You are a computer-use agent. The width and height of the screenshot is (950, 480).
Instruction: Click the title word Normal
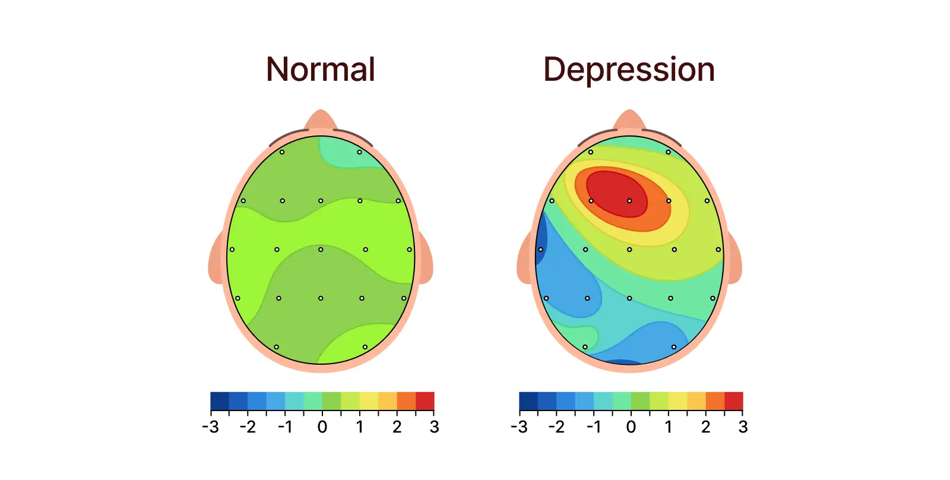(x=321, y=70)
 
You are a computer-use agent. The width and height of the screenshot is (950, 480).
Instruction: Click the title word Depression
(x=629, y=70)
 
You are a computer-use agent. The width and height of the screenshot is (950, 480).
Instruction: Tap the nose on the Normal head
(x=321, y=119)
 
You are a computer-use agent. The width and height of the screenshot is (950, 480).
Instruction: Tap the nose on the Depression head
(x=629, y=119)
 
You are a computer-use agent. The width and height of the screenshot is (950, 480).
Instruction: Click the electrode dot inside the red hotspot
(x=629, y=201)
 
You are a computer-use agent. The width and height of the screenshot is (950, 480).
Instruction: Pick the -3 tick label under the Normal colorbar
(x=210, y=427)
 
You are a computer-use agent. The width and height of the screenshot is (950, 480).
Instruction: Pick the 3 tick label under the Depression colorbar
(x=743, y=427)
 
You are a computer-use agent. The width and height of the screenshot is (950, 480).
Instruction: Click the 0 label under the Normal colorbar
(x=322, y=427)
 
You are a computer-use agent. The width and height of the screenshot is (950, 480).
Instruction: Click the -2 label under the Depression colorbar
(x=556, y=427)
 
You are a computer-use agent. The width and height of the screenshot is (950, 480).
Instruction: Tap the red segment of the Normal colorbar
(x=425, y=401)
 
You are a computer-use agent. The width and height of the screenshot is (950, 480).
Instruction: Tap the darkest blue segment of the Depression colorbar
(x=528, y=401)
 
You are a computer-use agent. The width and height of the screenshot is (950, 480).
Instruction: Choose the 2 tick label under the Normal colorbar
(x=397, y=427)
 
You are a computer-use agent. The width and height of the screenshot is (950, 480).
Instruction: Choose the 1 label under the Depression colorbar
(x=668, y=427)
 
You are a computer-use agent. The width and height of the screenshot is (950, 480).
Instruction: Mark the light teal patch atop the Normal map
(x=347, y=153)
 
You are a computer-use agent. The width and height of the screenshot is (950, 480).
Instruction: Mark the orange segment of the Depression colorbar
(x=715, y=401)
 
